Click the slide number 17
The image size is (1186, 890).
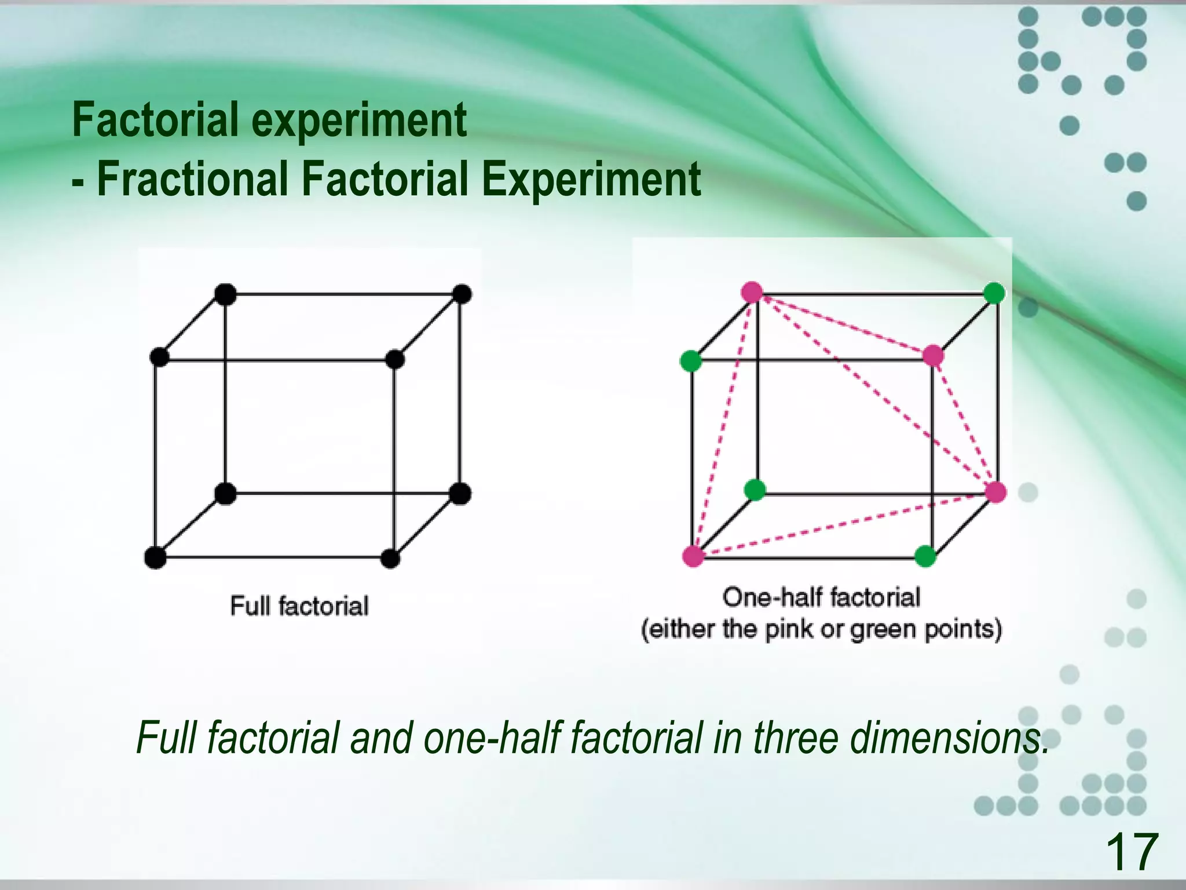pyautogui.click(x=1131, y=851)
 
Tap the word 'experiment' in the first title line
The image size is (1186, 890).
pyautogui.click(x=359, y=119)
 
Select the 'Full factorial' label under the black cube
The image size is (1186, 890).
pyautogui.click(x=299, y=606)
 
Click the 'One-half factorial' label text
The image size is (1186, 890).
pyautogui.click(x=821, y=597)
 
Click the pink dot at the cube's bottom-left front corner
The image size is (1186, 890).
pyautogui.click(x=693, y=556)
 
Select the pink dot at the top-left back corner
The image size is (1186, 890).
pyautogui.click(x=752, y=292)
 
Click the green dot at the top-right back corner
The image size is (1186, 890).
pyautogui.click(x=994, y=293)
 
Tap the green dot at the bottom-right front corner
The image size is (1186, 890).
pyautogui.click(x=925, y=556)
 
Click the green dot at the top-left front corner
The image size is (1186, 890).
pyautogui.click(x=691, y=361)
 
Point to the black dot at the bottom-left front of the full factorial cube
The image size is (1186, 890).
pyautogui.click(x=155, y=557)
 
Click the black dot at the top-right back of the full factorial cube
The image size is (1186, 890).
pyautogui.click(x=462, y=294)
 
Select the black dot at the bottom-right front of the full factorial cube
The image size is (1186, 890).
pyautogui.click(x=391, y=559)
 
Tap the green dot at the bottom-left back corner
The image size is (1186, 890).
pyautogui.click(x=755, y=490)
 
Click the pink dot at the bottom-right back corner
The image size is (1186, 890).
pyautogui.click(x=996, y=492)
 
